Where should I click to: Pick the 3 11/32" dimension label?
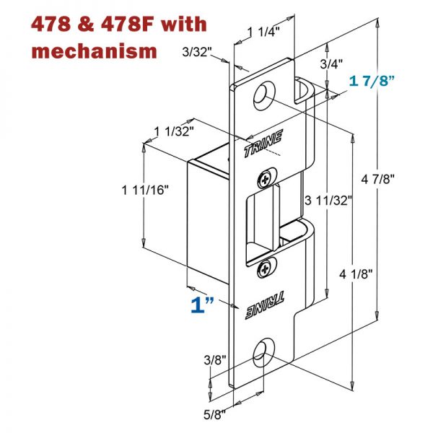[x=327, y=200]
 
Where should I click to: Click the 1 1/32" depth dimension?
[x=174, y=131]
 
